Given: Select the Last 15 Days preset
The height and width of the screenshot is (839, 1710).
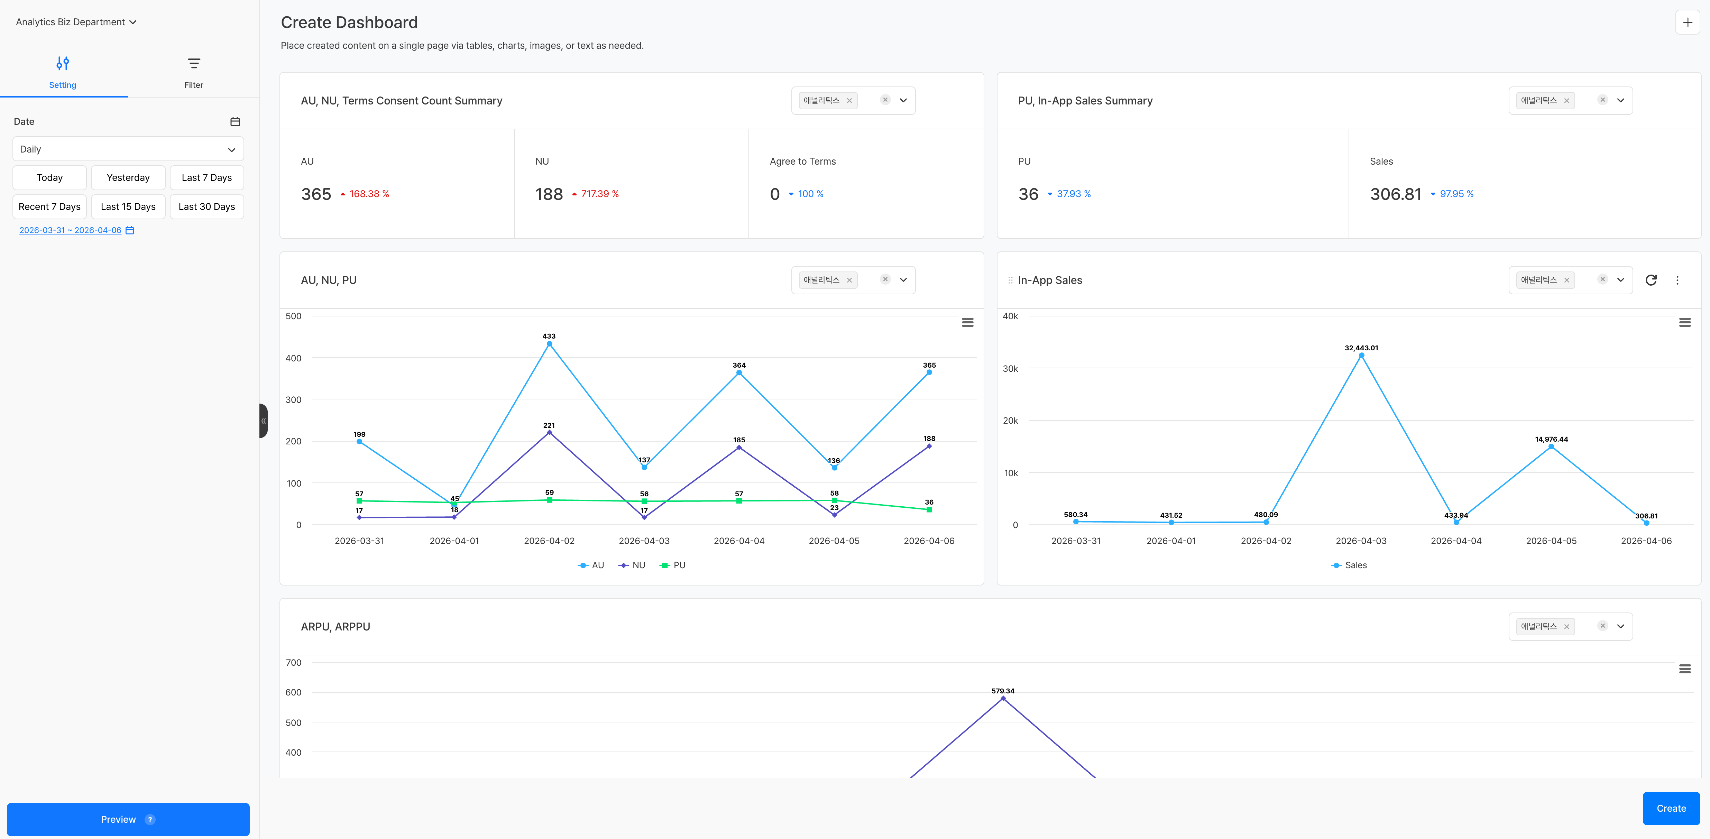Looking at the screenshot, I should pos(128,206).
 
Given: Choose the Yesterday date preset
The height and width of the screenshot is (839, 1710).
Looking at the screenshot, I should pos(128,177).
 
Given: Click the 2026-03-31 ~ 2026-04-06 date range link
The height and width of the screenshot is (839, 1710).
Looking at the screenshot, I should pos(70,230).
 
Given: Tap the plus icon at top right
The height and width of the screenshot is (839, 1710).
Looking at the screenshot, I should pos(1687,22).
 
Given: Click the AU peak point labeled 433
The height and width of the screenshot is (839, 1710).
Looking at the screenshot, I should pos(549,344).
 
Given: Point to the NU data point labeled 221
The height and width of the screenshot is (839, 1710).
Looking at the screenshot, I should pos(549,433).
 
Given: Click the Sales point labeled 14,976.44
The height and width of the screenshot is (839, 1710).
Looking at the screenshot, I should pos(1551,447).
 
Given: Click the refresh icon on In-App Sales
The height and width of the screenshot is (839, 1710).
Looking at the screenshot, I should pos(1651,280).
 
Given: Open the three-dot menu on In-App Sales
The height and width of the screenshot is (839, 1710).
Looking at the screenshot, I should pos(1677,280).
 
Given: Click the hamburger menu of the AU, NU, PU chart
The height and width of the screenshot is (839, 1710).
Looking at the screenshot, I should pos(967,323).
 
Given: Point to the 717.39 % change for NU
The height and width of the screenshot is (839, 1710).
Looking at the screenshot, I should pos(599,194).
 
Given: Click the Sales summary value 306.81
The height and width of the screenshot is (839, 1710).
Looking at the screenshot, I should pos(1395,194).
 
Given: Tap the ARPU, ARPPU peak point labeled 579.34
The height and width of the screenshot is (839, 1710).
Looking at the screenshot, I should pos(1002,698).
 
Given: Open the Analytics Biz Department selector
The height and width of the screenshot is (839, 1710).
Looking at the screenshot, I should pos(76,22).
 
